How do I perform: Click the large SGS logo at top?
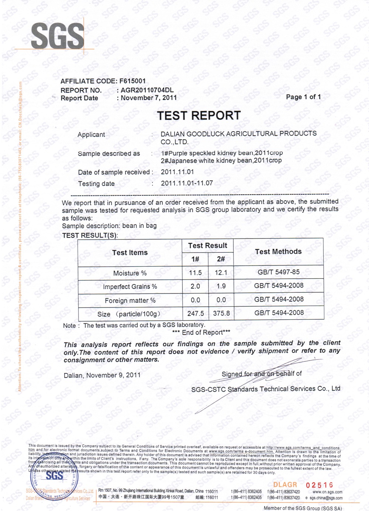click(x=58, y=36)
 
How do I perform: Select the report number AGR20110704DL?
click(x=147, y=90)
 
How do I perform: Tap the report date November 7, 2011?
click(x=149, y=98)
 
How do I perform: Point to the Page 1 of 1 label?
click(x=303, y=97)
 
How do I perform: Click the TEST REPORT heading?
click(x=199, y=116)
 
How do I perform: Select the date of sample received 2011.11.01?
click(x=177, y=172)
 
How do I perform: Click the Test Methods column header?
click(x=278, y=252)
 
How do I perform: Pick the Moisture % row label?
click(x=130, y=273)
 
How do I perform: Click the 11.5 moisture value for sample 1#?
click(x=195, y=273)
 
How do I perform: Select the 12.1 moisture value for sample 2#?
click(x=221, y=273)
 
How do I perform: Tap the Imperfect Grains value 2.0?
click(x=195, y=286)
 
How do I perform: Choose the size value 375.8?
click(x=221, y=313)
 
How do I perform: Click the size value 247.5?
click(x=196, y=313)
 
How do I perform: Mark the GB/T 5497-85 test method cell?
click(x=279, y=272)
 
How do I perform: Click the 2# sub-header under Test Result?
click(x=221, y=259)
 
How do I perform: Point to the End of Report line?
click(x=201, y=332)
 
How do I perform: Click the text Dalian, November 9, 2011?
click(x=102, y=375)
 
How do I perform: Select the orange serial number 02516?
click(x=320, y=485)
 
